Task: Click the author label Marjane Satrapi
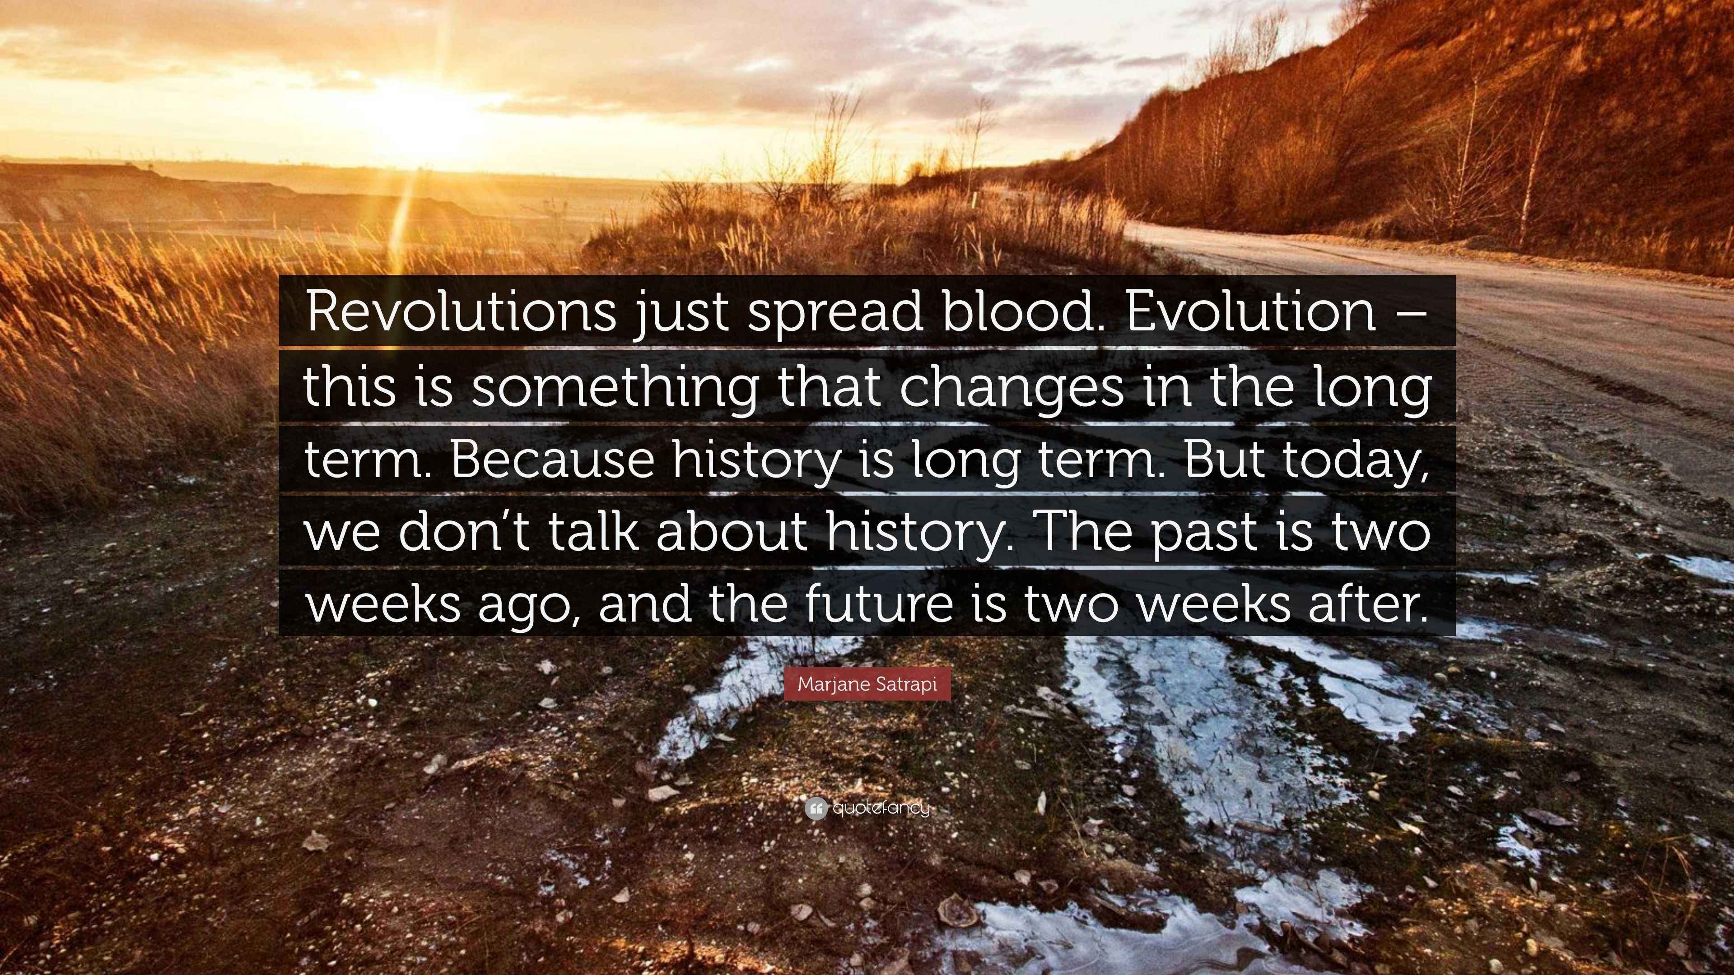(x=867, y=684)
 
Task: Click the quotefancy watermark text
(x=881, y=808)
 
